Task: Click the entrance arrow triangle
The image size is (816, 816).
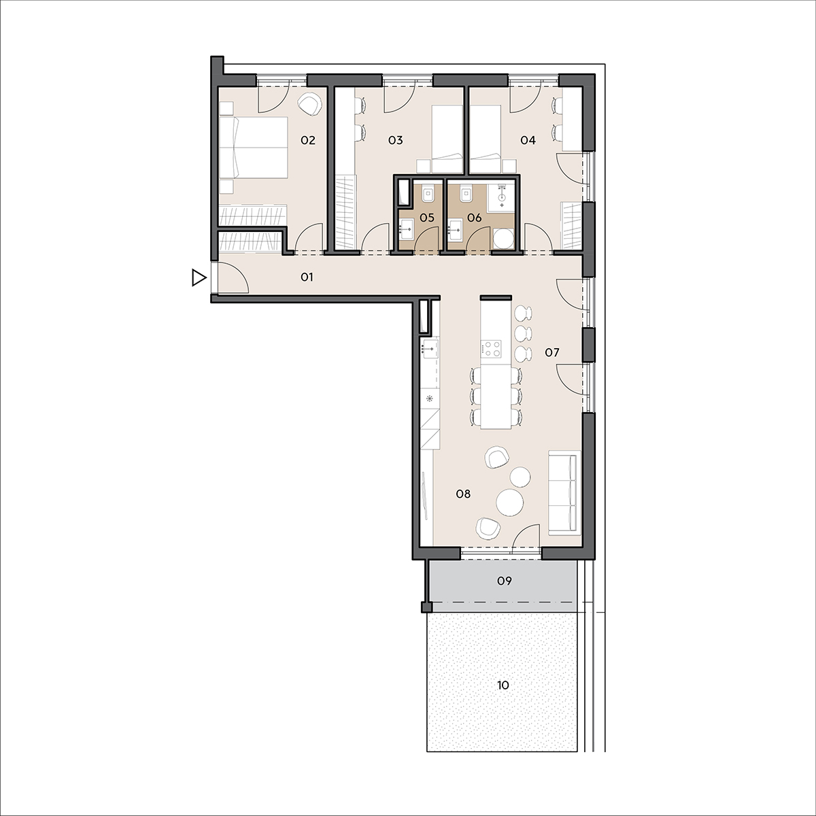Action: click(199, 278)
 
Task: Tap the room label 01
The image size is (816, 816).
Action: click(307, 277)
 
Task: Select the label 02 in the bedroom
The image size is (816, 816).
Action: click(308, 140)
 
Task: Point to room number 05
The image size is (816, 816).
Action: click(427, 218)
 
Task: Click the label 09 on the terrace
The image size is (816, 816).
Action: click(505, 581)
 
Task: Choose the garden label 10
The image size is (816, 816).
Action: click(503, 685)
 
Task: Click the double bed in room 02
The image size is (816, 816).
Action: click(254, 148)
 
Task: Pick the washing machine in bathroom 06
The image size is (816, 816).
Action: click(504, 239)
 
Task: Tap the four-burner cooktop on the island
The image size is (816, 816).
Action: click(491, 348)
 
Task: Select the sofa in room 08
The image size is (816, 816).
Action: click(564, 492)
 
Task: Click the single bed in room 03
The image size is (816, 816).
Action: click(447, 139)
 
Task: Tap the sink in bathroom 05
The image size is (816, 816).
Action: click(406, 228)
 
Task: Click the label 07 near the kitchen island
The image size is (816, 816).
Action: click(552, 352)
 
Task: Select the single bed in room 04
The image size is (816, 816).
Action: click(486, 139)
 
